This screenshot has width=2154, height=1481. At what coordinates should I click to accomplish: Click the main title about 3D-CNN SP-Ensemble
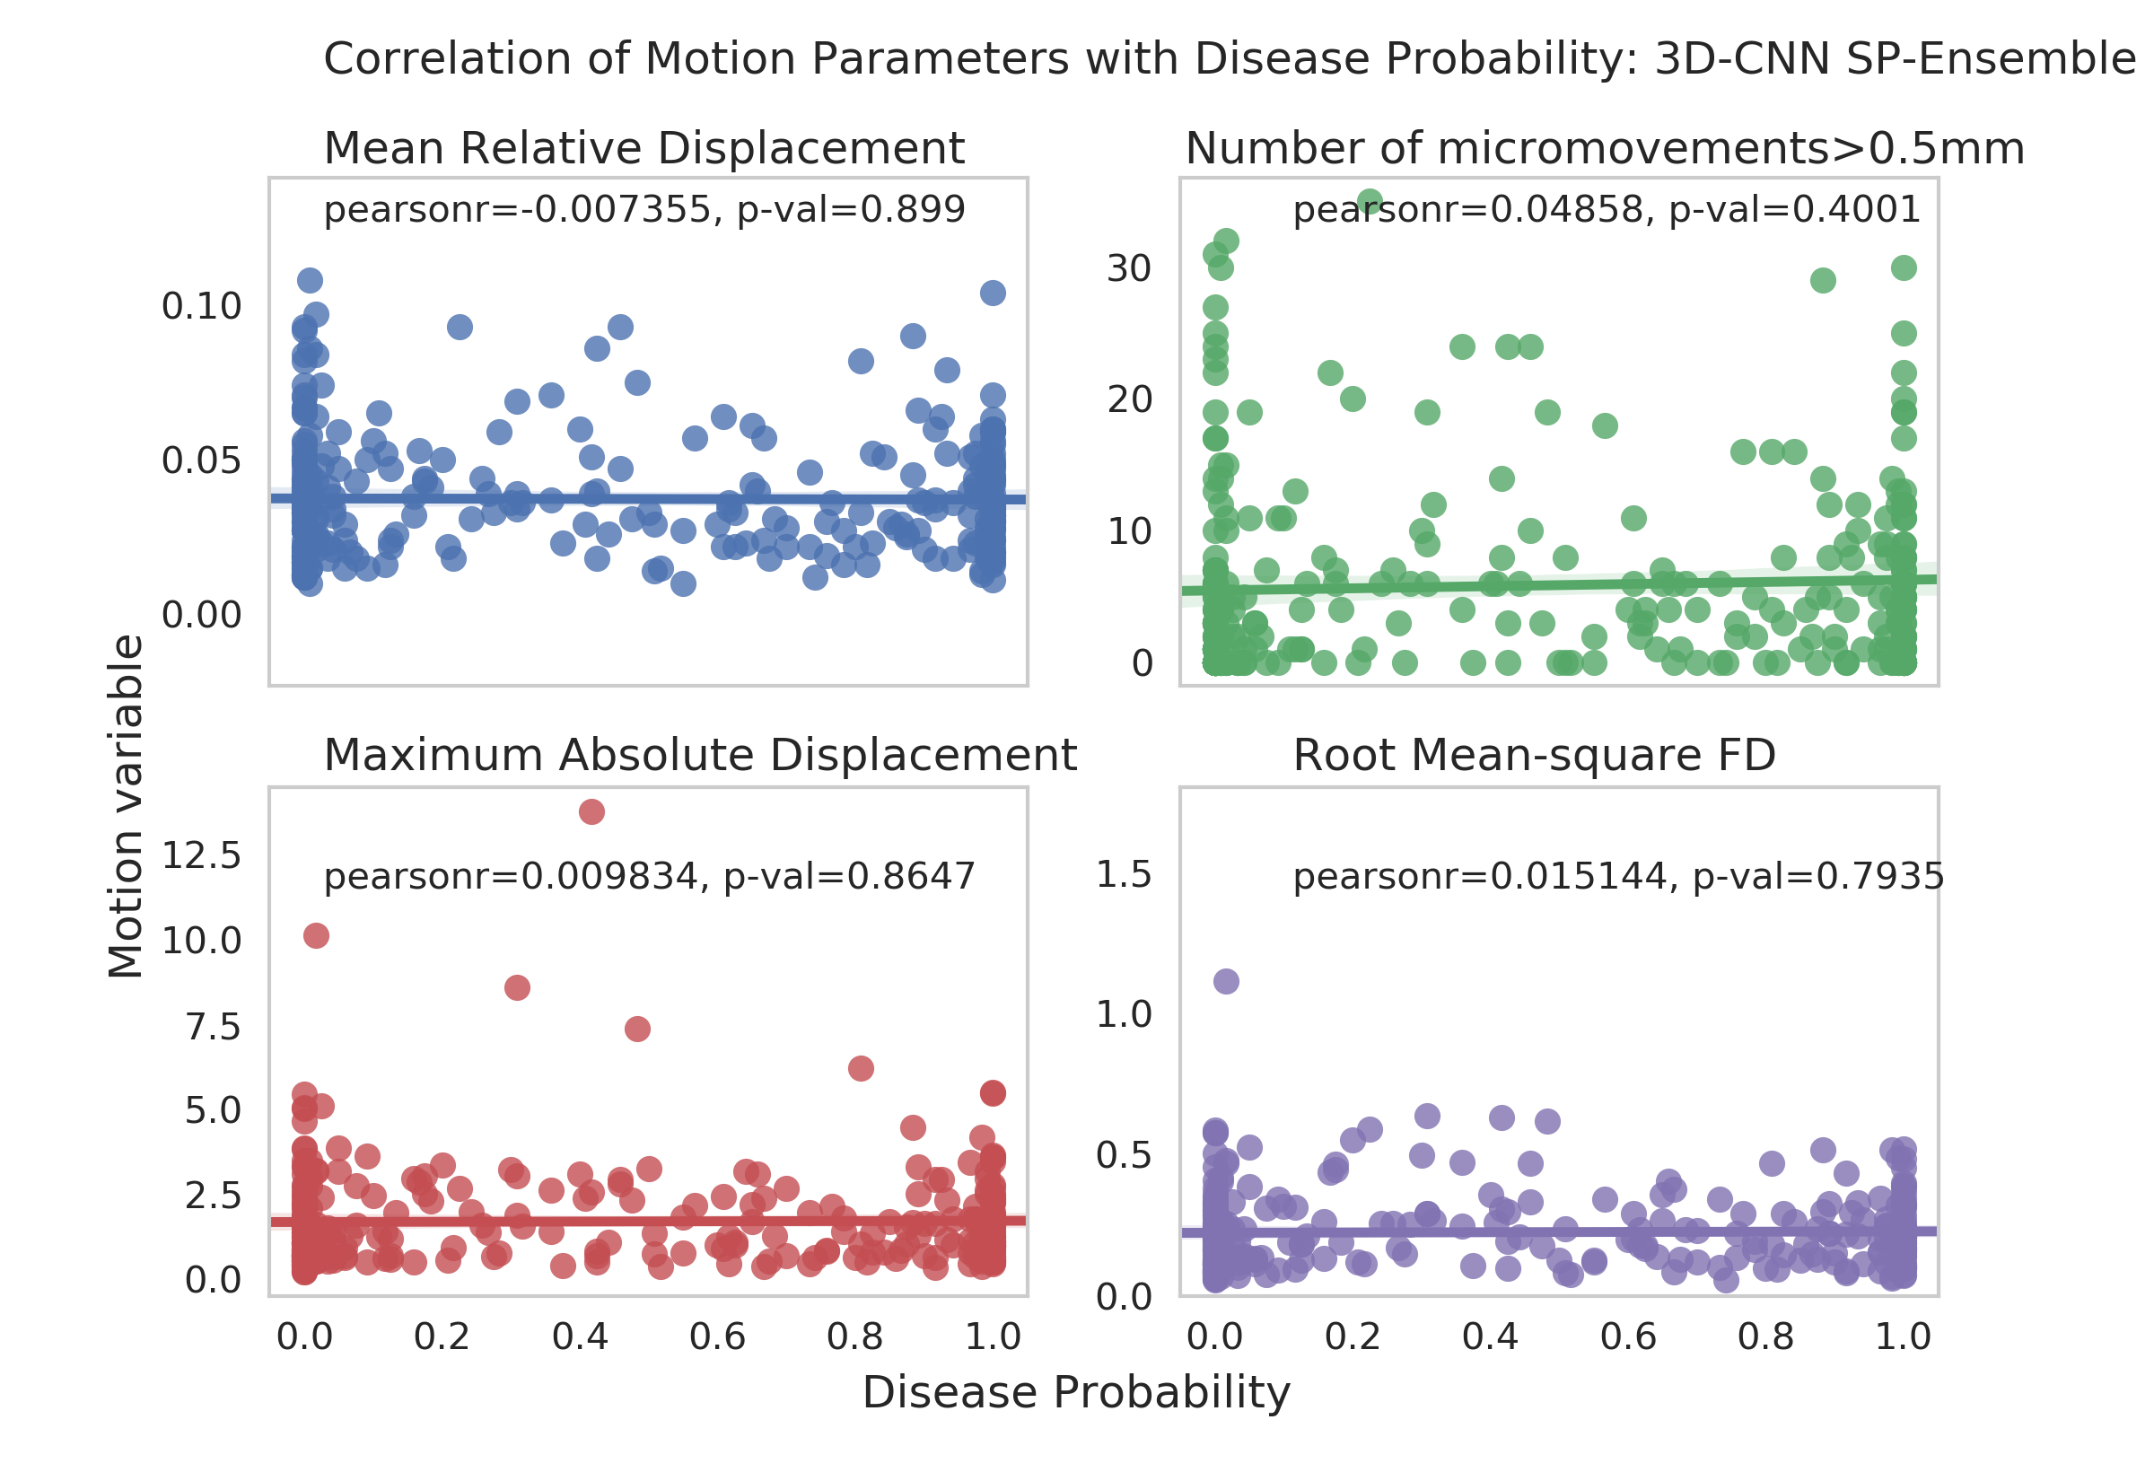click(x=1230, y=59)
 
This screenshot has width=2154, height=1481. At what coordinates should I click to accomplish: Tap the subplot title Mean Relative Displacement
click(x=644, y=148)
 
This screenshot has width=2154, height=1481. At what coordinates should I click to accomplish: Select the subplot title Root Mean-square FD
click(x=1535, y=756)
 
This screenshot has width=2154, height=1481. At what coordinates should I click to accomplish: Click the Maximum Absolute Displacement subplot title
click(x=699, y=756)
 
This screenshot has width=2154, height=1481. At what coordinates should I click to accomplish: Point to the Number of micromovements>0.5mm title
click(x=1605, y=148)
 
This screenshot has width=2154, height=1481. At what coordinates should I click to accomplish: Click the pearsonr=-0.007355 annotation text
click(x=644, y=210)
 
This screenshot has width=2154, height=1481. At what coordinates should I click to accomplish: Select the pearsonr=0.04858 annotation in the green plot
click(x=1607, y=210)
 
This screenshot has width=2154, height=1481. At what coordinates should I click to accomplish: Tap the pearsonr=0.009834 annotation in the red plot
click(x=650, y=876)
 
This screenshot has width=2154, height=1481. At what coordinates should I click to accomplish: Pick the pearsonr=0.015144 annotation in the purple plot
click(x=1618, y=876)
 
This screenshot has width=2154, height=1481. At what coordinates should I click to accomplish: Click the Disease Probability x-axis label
click(x=1076, y=1393)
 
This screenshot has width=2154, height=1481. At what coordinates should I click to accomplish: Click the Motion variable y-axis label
click(x=126, y=805)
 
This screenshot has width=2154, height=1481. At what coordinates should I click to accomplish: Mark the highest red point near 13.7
click(x=591, y=812)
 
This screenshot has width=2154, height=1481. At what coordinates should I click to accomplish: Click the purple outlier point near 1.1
click(x=1226, y=981)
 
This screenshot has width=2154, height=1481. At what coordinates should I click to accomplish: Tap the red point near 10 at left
click(x=316, y=935)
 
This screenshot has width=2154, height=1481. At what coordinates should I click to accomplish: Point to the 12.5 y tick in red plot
click(x=201, y=855)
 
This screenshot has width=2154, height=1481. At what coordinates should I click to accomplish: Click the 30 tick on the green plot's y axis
click(x=1129, y=268)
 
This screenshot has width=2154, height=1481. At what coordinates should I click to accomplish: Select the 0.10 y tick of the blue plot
click(x=201, y=306)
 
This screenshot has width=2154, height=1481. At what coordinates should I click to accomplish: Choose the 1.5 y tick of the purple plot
click(x=1124, y=874)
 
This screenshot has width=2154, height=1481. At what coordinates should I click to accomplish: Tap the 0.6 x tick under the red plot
click(x=717, y=1337)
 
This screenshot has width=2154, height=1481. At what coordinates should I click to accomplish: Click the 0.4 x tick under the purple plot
click(x=1490, y=1337)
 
